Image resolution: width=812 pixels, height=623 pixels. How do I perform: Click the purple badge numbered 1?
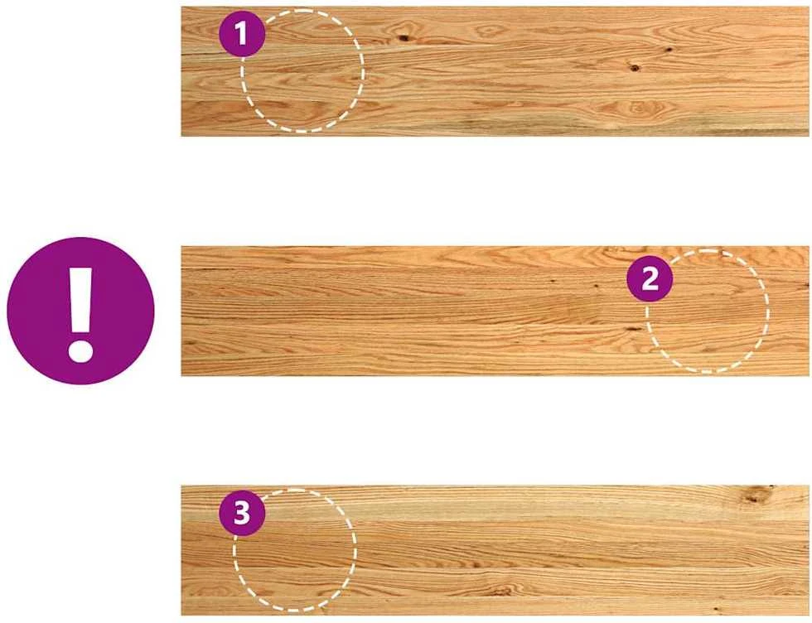coord(242,34)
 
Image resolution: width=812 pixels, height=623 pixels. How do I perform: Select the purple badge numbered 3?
coord(242,513)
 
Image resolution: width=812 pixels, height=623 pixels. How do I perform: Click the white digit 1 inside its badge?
coord(241,34)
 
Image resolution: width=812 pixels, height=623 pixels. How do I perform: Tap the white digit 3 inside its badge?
coord(242,513)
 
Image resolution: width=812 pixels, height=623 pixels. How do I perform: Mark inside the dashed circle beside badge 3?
coord(295,550)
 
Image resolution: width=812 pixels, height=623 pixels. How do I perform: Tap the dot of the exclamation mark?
coord(80,350)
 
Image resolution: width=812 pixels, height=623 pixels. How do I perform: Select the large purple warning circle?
coord(80,311)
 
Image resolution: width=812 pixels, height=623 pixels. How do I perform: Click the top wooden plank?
coord(495,71)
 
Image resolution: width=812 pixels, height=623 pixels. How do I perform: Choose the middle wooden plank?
coord(495,311)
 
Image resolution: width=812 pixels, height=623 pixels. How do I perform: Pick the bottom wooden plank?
coord(495,550)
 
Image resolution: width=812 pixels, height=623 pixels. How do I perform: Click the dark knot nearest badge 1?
coord(403,38)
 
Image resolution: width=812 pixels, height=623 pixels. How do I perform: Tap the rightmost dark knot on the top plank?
coord(669,50)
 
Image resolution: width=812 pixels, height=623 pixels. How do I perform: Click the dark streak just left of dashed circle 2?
coord(631,328)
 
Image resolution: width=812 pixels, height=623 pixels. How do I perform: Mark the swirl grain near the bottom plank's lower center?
coord(500,590)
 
